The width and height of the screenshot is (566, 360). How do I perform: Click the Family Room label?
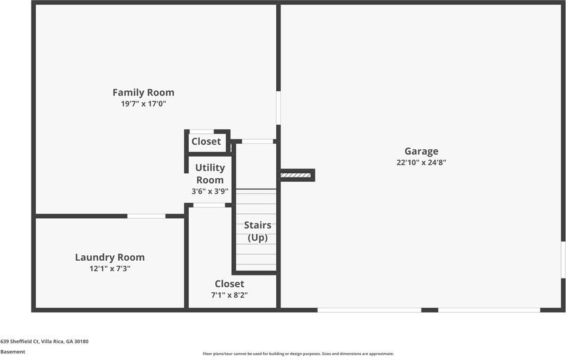tap(143, 92)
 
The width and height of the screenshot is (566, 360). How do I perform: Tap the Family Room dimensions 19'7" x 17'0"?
tap(143, 104)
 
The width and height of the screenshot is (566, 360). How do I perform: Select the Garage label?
tap(421, 152)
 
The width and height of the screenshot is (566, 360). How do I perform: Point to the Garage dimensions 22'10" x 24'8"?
tap(421, 162)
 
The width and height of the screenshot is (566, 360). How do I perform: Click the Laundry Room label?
tap(110, 258)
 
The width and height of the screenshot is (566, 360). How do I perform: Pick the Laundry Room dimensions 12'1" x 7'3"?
tap(110, 268)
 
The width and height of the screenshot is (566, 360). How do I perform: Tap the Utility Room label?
tap(210, 174)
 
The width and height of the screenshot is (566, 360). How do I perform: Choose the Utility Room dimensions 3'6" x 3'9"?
tap(210, 191)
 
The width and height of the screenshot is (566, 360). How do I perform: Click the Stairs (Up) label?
tap(257, 231)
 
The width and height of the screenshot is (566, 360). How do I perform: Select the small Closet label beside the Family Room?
tap(206, 141)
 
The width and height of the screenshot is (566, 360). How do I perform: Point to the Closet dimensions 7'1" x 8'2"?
tap(229, 295)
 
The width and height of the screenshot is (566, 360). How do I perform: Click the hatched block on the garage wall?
tap(295, 175)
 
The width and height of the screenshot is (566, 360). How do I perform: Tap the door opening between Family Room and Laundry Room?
tap(146, 216)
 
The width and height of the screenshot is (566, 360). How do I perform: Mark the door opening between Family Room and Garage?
tap(278, 108)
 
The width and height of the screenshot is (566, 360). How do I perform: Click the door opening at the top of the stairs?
tap(257, 141)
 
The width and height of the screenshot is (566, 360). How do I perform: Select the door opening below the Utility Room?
tap(210, 205)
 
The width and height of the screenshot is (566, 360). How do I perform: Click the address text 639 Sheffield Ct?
tap(20, 342)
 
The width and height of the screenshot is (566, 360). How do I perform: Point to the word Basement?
tap(12, 352)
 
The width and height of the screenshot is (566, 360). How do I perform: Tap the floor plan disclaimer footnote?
tap(298, 354)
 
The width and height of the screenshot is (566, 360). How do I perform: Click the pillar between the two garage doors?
tap(430, 310)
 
